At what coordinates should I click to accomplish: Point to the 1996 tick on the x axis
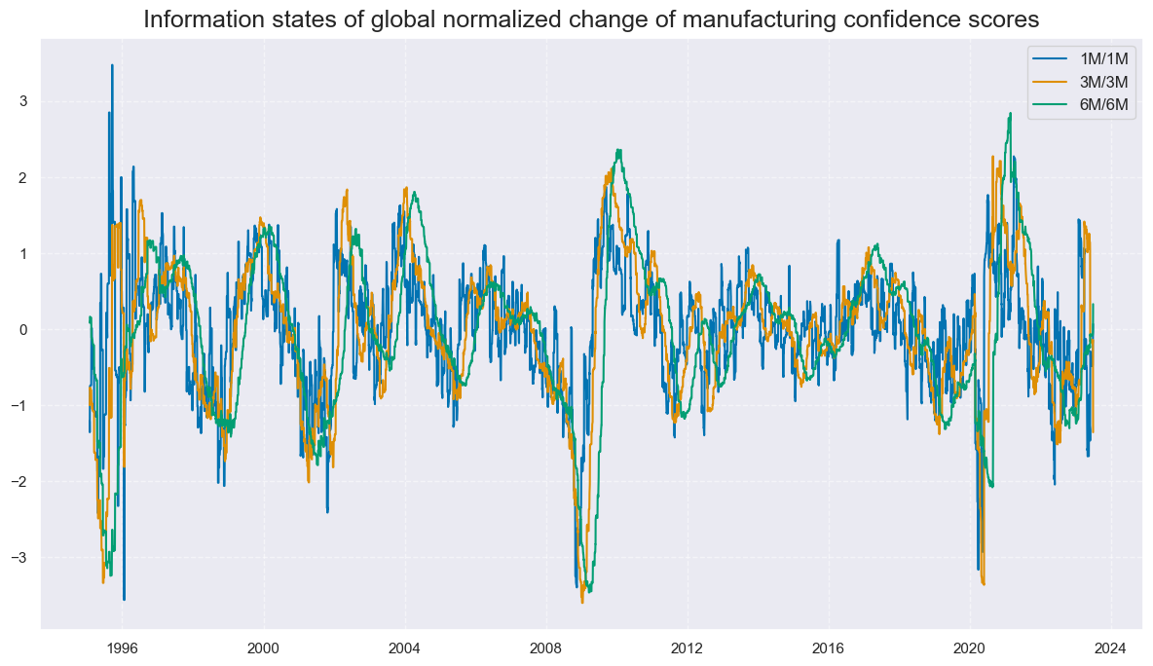coord(122,647)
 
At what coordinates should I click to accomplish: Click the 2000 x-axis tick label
coord(263,647)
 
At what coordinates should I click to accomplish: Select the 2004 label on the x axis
coord(404,647)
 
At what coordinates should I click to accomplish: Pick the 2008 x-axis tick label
coord(545,647)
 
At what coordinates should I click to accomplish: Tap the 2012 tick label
coord(688,647)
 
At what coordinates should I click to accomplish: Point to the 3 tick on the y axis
coord(22,101)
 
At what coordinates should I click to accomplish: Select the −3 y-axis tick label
coord(19,557)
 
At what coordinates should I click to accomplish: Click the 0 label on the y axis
coord(22,329)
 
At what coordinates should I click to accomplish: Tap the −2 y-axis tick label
coord(19,481)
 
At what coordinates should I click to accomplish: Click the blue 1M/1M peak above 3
coord(112,65)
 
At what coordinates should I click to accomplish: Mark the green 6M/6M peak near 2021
coord(1011,113)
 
